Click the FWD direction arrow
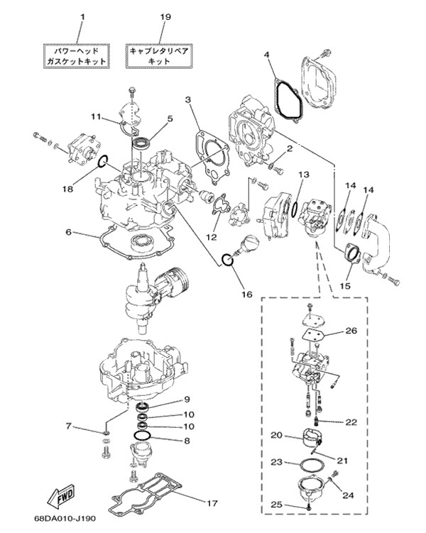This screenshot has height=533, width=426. (x=62, y=497)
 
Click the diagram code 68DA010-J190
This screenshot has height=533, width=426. (x=65, y=519)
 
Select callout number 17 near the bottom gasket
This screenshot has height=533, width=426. (x=212, y=502)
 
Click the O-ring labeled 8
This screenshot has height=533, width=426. (x=141, y=436)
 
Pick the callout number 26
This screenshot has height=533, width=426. (x=351, y=330)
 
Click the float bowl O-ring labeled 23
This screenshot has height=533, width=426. (x=312, y=463)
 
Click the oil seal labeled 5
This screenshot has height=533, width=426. (x=141, y=143)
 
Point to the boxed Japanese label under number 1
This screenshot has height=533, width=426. (x=77, y=56)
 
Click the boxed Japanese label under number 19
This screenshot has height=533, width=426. (x=159, y=56)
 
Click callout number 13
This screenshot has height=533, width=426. (x=304, y=175)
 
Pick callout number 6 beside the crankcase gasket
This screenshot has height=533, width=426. (x=69, y=232)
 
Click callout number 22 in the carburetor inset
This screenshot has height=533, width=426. (x=351, y=422)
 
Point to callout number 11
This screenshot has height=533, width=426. (x=97, y=117)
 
